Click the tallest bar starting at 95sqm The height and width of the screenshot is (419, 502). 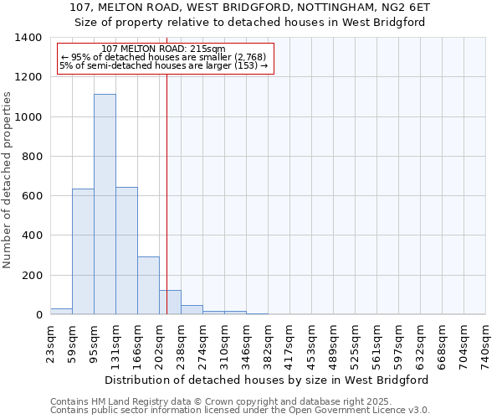point(105,204)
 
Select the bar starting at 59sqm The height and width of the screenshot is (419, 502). point(83,251)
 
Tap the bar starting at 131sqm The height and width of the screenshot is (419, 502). point(126,251)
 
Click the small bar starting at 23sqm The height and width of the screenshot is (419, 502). point(61,311)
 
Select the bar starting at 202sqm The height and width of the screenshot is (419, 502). point(170,303)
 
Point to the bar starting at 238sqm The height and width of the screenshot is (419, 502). point(192,310)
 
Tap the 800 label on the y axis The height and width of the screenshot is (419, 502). point(32,157)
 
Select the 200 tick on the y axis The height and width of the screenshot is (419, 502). point(32,276)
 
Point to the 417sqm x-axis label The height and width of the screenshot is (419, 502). point(289,344)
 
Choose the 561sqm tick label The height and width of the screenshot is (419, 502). point(376,344)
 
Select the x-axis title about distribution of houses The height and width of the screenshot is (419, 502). point(267,380)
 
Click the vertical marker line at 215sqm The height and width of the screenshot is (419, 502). point(166,209)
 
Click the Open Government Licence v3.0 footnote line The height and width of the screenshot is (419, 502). point(240,411)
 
